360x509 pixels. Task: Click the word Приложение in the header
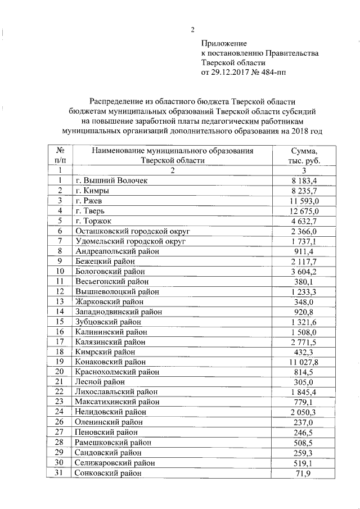[x=224, y=43]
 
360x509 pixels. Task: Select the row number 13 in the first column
[x=59, y=302]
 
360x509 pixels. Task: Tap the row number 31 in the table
[x=59, y=474]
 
